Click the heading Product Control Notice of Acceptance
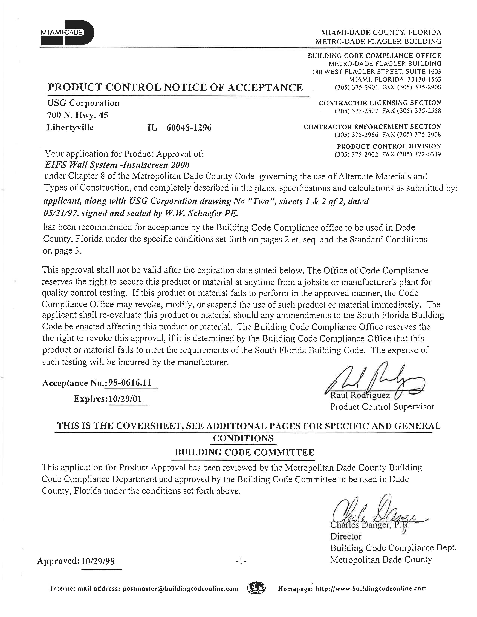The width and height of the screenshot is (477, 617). (175, 87)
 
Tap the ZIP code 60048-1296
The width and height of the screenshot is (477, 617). (189, 128)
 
